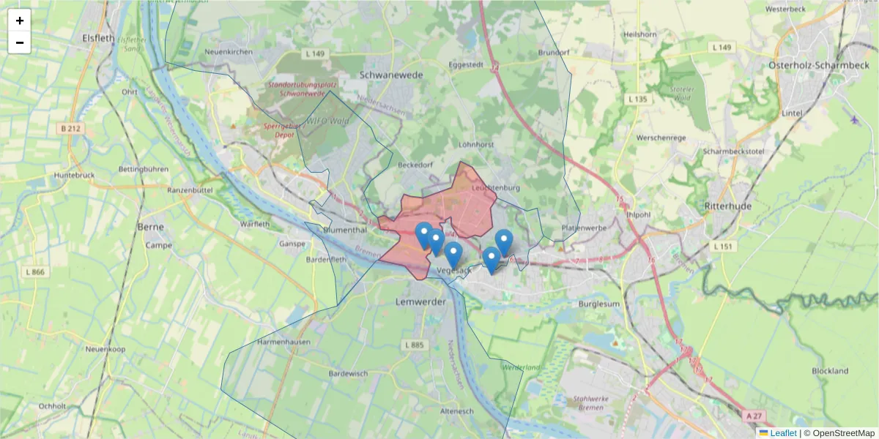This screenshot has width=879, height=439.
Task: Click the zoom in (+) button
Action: point(20,20)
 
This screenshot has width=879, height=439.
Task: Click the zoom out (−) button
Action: point(20,42)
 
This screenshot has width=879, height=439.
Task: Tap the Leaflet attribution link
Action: point(783,433)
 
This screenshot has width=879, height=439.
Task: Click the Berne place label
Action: point(150,227)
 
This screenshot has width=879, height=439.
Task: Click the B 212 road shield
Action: point(71,128)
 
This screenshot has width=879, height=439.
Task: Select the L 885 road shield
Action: point(414,345)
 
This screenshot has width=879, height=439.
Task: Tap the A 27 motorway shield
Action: point(752,416)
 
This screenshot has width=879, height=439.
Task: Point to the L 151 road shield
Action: point(722,247)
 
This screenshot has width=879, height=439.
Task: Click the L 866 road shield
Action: point(34,272)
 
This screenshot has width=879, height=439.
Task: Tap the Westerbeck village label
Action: point(785,10)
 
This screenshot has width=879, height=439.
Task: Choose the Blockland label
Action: point(830,371)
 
